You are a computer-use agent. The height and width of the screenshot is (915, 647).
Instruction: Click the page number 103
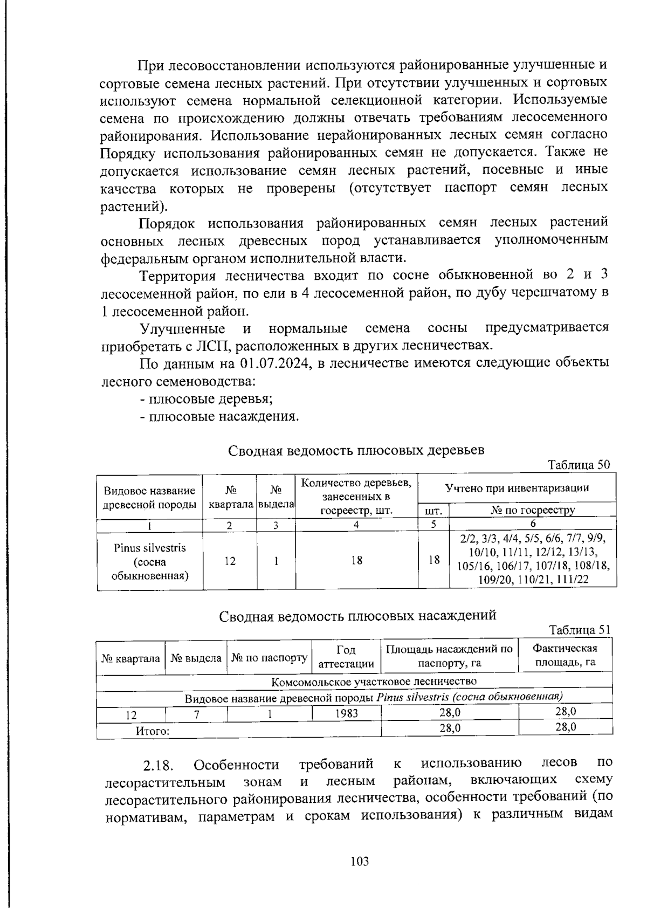[359, 861]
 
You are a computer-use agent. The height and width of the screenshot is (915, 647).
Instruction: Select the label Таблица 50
[579, 465]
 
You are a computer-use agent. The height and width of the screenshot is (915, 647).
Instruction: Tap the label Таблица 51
[580, 630]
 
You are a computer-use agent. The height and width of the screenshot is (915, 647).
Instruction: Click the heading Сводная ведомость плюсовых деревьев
[356, 450]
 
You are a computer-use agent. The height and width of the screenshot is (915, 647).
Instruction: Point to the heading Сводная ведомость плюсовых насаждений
[357, 615]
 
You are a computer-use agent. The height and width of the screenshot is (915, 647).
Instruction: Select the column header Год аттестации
[346, 657]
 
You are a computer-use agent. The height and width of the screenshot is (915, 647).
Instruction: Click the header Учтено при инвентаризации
[517, 488]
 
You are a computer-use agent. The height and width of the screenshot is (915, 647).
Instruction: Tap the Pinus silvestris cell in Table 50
[150, 561]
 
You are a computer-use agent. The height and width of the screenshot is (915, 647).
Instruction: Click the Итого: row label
[152, 731]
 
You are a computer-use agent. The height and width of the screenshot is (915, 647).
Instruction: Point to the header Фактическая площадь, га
[565, 655]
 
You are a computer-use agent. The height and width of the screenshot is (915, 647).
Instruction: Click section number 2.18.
[158, 766]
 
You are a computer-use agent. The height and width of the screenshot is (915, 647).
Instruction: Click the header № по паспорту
[269, 658]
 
